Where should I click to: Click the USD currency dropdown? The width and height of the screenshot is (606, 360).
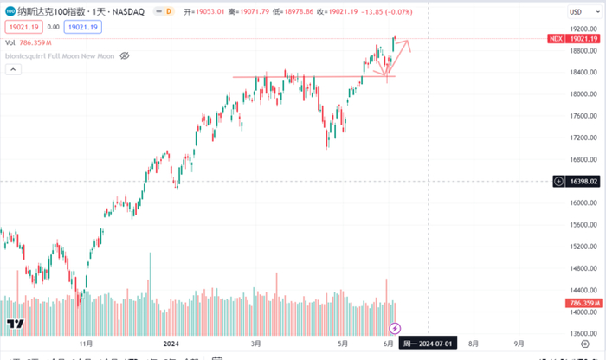click(575, 11)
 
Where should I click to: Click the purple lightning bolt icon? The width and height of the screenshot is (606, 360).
click(395, 328)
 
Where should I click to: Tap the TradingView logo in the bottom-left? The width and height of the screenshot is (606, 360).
click(15, 325)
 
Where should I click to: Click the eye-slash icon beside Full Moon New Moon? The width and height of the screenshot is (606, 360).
click(124, 55)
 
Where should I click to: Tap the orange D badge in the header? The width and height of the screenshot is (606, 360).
click(167, 11)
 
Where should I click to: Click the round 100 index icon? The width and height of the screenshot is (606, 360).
click(10, 11)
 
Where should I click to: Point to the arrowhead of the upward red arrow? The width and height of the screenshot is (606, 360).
click(409, 43)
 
